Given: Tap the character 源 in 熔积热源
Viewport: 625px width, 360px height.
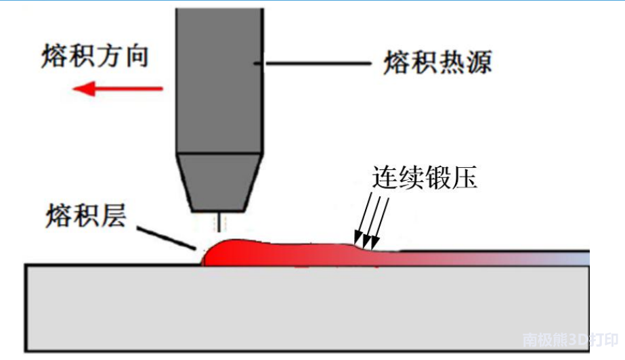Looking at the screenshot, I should pyautogui.click(x=478, y=64).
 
